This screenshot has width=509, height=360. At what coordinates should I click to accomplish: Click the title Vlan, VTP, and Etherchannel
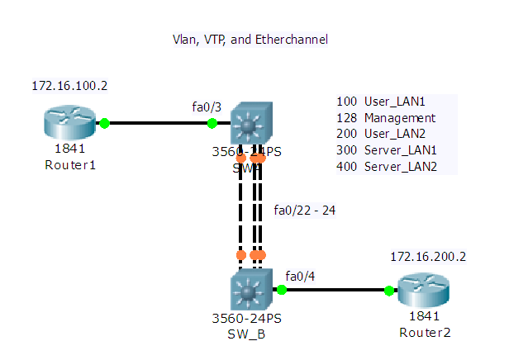click(250, 39)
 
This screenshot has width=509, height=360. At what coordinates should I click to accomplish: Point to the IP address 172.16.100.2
click(69, 86)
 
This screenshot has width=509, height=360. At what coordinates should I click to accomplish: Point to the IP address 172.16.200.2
click(428, 257)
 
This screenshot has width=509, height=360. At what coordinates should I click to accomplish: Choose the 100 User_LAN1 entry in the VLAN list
click(381, 102)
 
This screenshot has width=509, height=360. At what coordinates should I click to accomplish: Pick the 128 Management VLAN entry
click(386, 118)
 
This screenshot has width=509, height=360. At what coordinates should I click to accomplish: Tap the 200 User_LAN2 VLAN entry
click(381, 135)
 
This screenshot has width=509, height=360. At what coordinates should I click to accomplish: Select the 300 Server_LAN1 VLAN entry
click(386, 151)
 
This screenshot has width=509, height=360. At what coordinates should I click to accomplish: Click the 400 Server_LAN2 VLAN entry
click(386, 168)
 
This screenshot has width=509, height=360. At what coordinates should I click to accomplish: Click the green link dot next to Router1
click(104, 124)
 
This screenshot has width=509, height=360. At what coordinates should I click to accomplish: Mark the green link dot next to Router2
click(388, 290)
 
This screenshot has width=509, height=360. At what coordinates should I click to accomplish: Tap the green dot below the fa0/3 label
click(212, 124)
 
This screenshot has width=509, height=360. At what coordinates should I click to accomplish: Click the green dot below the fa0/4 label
click(282, 290)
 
